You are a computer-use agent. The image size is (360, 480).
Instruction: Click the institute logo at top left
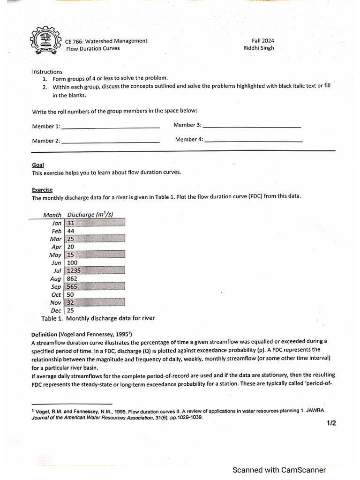pos(45,41)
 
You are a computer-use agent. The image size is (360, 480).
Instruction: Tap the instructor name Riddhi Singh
pos(258,48)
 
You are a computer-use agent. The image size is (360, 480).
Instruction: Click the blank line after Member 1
pos(111,127)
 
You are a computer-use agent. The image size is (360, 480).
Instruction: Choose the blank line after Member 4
pos(254,141)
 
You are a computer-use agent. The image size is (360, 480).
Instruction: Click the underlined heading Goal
pos(38,165)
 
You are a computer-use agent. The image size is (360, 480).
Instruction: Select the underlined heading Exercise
pos(42,190)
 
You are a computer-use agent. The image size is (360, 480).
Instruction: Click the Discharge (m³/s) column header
pos(90,215)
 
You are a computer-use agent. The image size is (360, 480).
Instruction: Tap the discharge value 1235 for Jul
pos(75,270)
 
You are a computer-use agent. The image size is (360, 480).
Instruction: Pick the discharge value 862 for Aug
pos(72,278)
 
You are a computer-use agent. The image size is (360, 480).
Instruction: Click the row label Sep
pos(56,287)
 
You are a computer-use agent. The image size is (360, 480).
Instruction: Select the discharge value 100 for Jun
pos(72,262)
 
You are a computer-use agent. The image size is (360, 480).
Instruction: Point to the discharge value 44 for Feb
pos(71,231)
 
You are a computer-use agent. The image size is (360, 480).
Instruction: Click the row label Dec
pos(56,310)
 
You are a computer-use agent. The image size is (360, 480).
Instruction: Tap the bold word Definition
pos(44,335)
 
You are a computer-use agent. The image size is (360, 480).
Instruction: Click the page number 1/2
pos(331,423)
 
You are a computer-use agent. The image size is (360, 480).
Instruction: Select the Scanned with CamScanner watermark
pos(279,470)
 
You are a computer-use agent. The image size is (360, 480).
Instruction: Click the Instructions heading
pos(47,72)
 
